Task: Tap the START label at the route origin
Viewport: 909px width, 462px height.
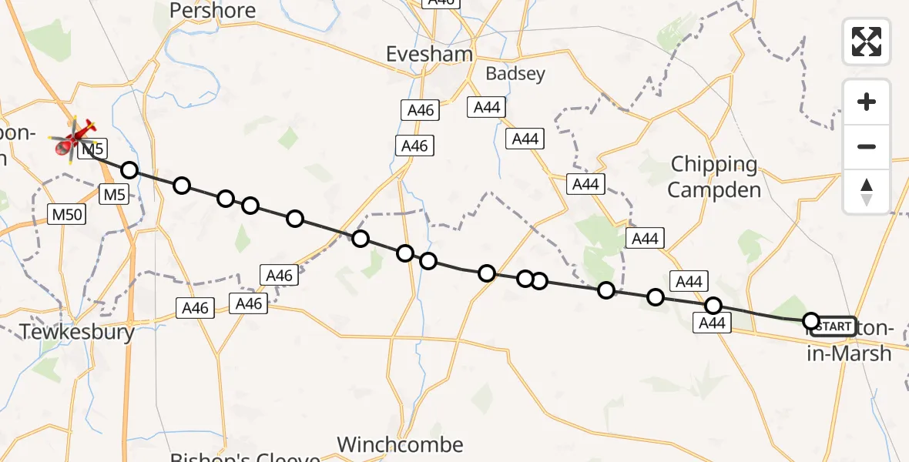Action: [x=833, y=326]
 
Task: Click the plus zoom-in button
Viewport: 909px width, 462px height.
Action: [x=867, y=102]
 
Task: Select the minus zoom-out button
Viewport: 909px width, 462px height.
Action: [x=867, y=146]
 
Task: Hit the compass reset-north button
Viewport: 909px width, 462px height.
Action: [x=867, y=192]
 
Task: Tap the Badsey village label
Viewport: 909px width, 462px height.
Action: [x=515, y=74]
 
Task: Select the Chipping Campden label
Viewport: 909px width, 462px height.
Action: [x=714, y=177]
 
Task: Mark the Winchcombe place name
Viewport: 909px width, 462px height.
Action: [x=401, y=444]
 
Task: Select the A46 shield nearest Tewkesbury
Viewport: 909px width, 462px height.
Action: [x=195, y=309]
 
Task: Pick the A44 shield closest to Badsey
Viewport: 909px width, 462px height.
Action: [x=487, y=108]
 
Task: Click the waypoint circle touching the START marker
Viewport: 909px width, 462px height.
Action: [x=810, y=320]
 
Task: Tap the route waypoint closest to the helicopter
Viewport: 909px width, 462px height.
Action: [x=129, y=170]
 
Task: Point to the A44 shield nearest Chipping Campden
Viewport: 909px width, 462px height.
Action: [x=585, y=184]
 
